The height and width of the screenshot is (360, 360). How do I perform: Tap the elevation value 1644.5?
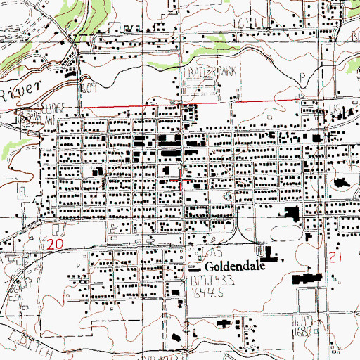coord(206,290)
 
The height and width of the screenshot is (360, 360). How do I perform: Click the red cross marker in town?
coord(184,180)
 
